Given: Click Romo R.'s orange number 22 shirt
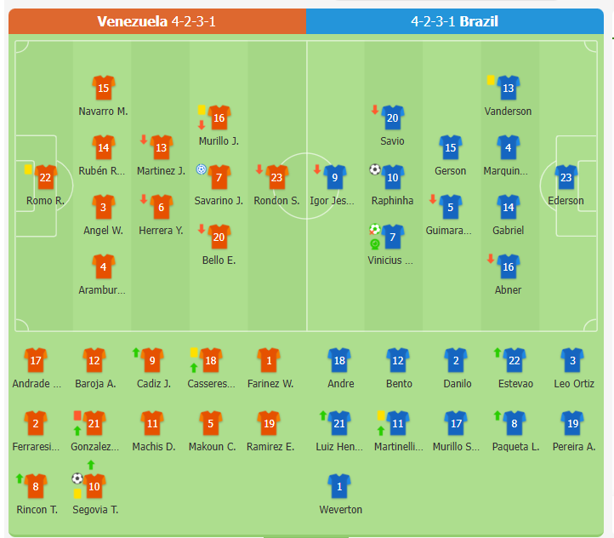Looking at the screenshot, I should (x=45, y=178).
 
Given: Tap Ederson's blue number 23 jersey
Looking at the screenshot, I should (x=566, y=178).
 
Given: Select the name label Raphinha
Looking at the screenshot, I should (x=392, y=201).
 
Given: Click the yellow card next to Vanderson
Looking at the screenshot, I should (x=491, y=79).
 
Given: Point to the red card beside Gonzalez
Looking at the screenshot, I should (x=77, y=415).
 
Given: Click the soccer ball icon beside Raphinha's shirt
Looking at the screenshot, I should (x=374, y=169).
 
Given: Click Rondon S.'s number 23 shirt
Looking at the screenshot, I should (x=275, y=178).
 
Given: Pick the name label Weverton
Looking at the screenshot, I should (x=340, y=509).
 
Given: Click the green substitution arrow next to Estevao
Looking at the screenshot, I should (x=497, y=352).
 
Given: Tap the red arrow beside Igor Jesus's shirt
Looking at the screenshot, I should (x=318, y=169).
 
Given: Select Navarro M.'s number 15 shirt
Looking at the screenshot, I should (x=103, y=89).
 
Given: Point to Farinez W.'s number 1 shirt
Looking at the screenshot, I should (x=269, y=361).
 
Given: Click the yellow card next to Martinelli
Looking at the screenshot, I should (x=381, y=415).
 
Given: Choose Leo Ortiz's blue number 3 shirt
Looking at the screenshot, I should (x=572, y=361).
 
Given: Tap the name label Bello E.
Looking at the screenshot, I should (x=219, y=260).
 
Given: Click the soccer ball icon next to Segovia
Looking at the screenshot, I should (x=77, y=478).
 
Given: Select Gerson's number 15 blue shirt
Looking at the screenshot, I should (x=450, y=148).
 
